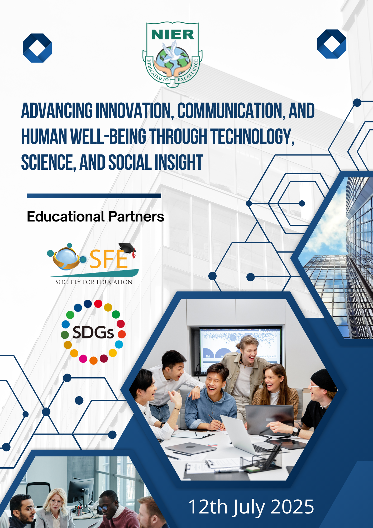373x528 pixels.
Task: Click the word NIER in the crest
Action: pyautogui.click(x=173, y=35)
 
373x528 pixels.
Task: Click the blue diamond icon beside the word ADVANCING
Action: pyautogui.click(x=37, y=48)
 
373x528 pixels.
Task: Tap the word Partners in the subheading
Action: pyautogui.click(x=136, y=217)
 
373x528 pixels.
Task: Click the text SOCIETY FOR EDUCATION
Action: pyautogui.click(x=94, y=282)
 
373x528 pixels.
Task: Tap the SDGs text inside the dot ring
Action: pyautogui.click(x=93, y=332)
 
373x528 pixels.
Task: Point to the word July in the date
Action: pyautogui.click(x=248, y=508)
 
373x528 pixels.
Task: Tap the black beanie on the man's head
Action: pyautogui.click(x=324, y=380)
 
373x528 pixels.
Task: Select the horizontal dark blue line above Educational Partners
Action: pyautogui.click(x=94, y=196)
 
